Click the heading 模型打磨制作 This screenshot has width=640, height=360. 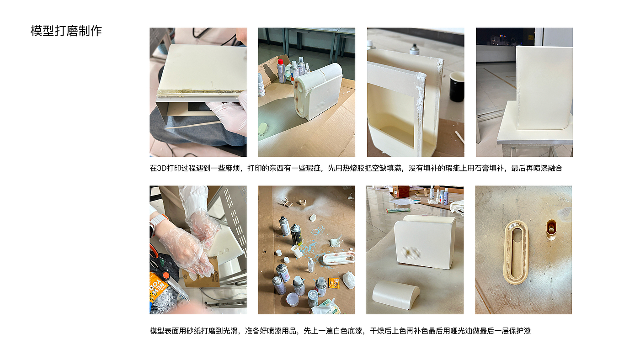66,31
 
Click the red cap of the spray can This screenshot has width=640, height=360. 281,62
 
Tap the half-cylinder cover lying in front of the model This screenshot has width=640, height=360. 396,295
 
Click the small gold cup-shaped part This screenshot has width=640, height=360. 551,229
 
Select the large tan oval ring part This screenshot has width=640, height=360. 516,253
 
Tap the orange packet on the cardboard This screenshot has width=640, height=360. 334,282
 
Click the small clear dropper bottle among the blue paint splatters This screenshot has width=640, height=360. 311,265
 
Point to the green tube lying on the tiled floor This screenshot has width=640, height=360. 398,210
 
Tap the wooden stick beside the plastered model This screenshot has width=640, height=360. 459,137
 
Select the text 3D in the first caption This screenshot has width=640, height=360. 162,168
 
